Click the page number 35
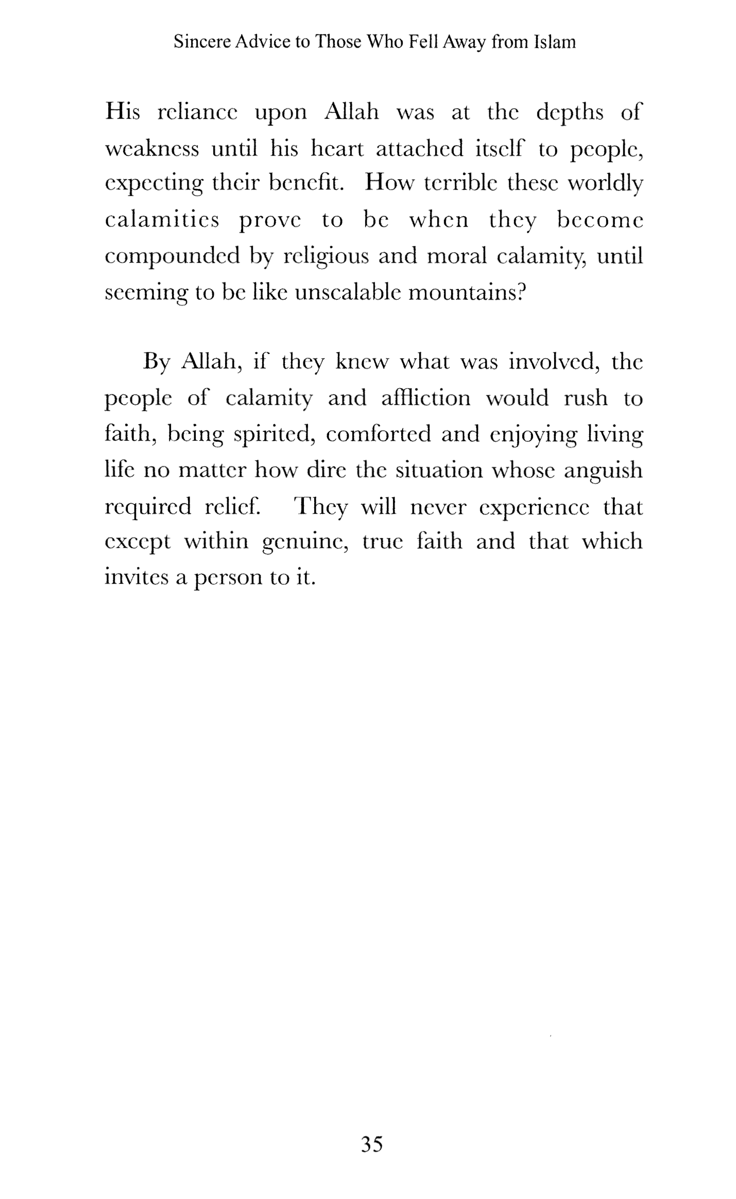[372, 1144]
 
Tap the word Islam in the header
[554, 41]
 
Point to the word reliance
[197, 112]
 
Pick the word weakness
[151, 149]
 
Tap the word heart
[337, 149]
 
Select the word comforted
[378, 435]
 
